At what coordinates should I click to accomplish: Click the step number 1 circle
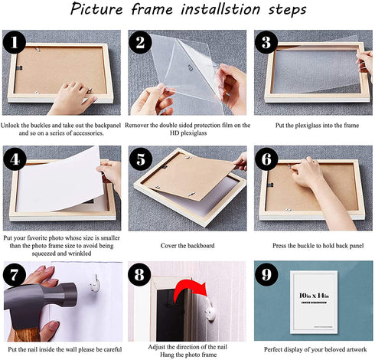[x=14, y=42]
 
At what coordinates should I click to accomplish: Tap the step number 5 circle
[x=141, y=159]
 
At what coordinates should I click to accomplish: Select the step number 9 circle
[x=266, y=274]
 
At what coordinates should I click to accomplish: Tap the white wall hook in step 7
[x=95, y=283]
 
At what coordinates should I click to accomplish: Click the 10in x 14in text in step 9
[x=314, y=296]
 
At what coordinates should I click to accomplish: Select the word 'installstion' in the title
[x=220, y=9]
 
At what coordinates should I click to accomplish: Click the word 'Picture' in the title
[x=96, y=9]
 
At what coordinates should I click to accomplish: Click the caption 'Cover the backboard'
[x=187, y=246]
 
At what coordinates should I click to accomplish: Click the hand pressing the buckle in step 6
[x=319, y=184]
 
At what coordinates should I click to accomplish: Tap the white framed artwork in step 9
[x=314, y=303]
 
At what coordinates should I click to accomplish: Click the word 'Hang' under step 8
[x=167, y=355]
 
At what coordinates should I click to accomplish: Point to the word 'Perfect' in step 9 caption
[x=273, y=349]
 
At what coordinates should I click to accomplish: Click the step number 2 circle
[x=140, y=42]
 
